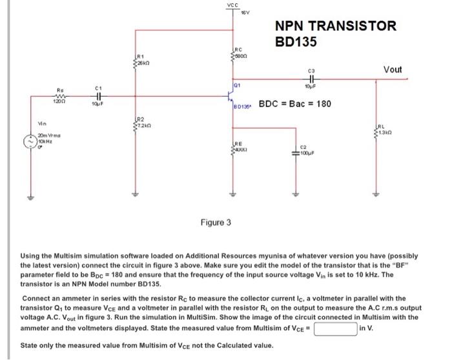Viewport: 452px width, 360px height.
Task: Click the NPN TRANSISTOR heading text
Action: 335,26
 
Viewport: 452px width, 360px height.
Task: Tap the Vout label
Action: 392,69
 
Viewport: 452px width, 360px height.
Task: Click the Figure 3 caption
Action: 216,223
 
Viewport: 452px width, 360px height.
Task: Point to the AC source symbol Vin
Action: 29,140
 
